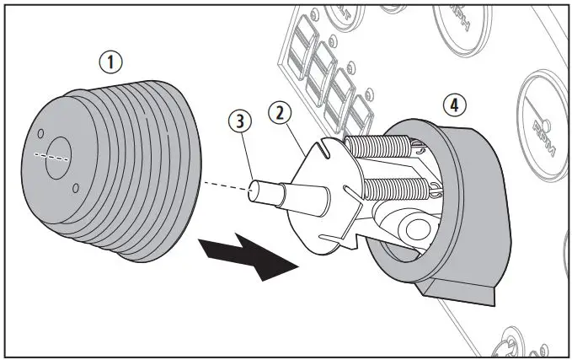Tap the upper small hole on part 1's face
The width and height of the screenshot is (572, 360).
click(x=39, y=133)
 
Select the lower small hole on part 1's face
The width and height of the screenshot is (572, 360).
click(x=76, y=188)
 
